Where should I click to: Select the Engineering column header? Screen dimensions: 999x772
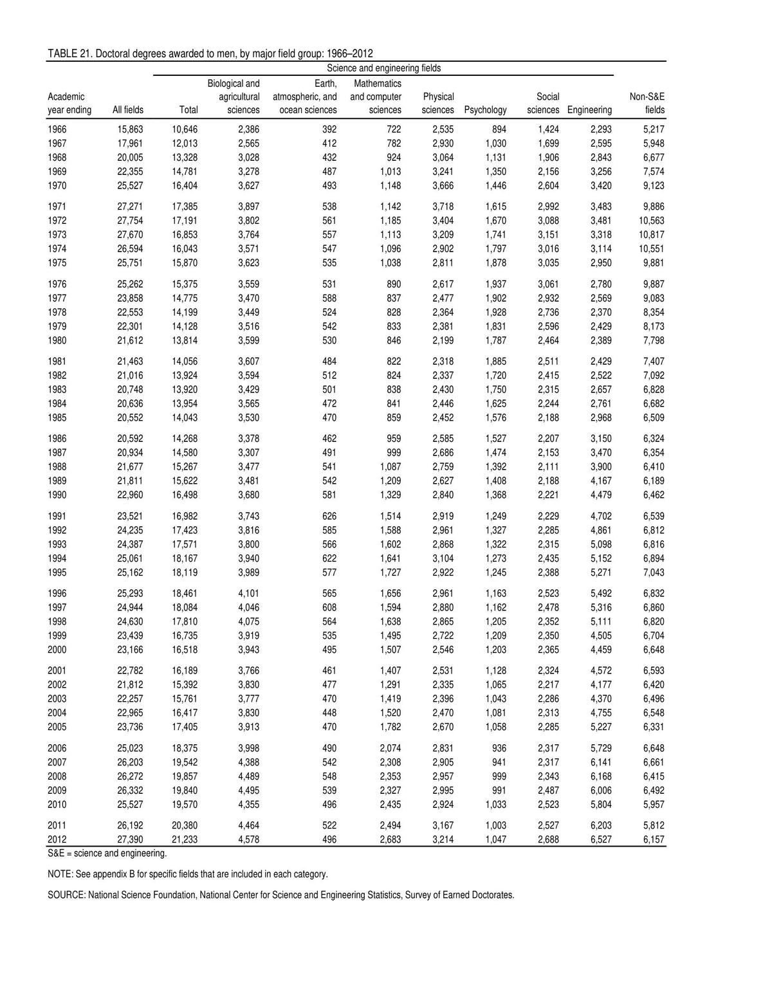(589, 110)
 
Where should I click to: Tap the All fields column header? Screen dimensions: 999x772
(128, 110)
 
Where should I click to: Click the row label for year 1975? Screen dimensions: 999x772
(57, 263)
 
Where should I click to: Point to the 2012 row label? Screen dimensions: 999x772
(57, 839)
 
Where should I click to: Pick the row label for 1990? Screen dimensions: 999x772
(57, 495)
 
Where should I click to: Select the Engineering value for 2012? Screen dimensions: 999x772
(601, 839)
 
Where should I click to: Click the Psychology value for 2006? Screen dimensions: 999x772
(498, 748)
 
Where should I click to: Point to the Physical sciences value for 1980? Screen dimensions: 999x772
(443, 341)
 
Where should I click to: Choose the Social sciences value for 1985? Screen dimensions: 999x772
(548, 418)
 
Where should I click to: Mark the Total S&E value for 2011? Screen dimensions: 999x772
(185, 825)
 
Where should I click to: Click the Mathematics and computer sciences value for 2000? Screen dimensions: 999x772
(391, 650)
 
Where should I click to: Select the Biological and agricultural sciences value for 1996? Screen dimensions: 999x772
(248, 594)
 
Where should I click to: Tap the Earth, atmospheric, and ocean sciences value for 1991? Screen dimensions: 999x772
(329, 517)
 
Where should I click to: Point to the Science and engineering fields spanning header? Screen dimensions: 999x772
(383, 68)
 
